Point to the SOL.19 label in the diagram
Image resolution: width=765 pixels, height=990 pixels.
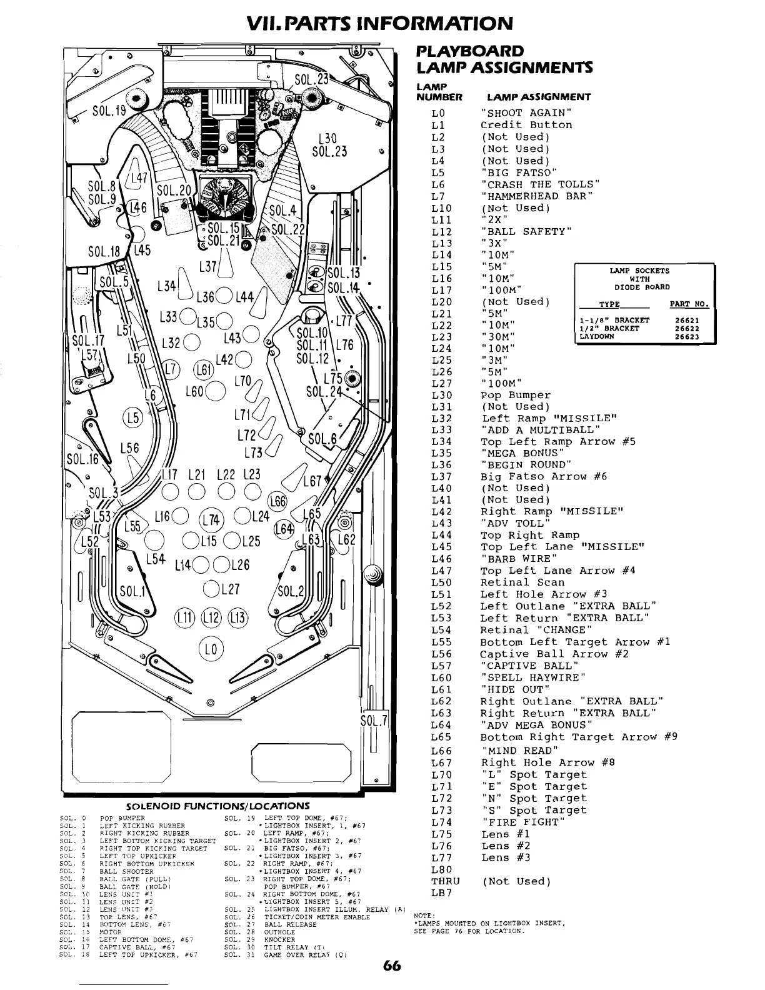[x=109, y=113]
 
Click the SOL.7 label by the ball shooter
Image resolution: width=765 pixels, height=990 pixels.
[x=376, y=721]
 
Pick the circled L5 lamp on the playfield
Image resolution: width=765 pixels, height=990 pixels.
[x=133, y=417]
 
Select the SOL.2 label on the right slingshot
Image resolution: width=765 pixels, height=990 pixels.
[x=290, y=591]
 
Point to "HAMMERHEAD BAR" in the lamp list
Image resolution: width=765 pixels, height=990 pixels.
[x=536, y=196]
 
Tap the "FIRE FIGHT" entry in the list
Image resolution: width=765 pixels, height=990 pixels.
[x=523, y=822]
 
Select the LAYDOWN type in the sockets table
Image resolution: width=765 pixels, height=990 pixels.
[x=597, y=336]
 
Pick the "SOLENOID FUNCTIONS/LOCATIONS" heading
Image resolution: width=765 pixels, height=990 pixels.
[x=218, y=806]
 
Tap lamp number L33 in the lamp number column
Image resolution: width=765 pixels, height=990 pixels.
[x=441, y=430]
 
